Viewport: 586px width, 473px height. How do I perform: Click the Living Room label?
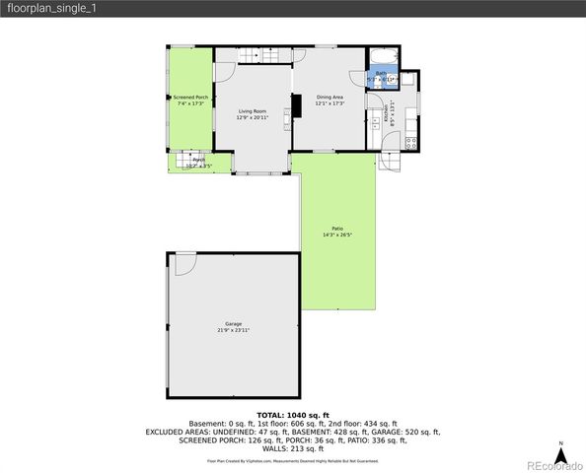(252, 111)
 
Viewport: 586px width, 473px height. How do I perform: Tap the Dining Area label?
(330, 97)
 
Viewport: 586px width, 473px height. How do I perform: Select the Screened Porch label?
(190, 98)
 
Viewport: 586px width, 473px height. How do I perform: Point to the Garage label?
(233, 323)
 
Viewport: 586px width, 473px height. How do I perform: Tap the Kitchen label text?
(393, 114)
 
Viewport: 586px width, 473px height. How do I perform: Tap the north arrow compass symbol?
(559, 454)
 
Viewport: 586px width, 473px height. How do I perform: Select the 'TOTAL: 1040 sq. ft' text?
(293, 415)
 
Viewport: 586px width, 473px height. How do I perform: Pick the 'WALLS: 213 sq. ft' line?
(293, 448)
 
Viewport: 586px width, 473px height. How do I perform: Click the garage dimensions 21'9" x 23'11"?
(233, 330)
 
